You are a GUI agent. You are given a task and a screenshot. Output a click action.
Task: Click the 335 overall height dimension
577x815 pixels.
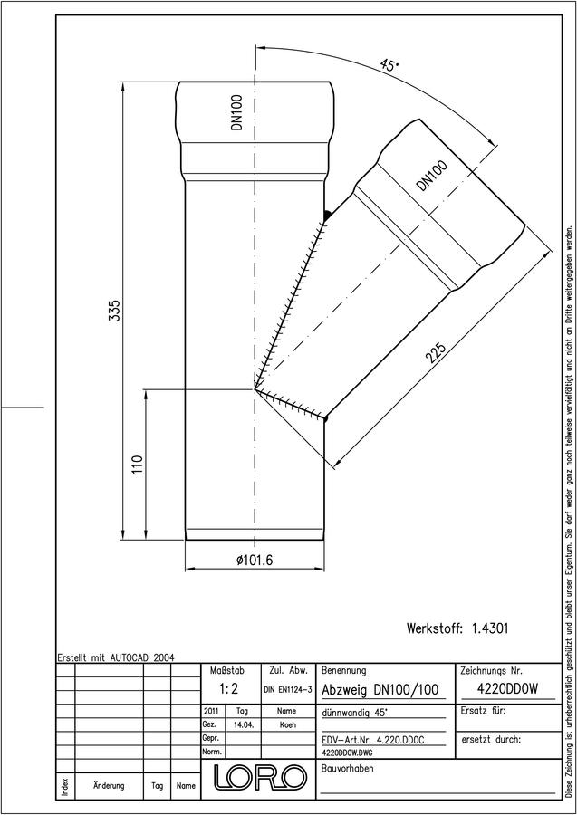(x=115, y=311)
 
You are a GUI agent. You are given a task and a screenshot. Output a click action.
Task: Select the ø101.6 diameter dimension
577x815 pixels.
(x=255, y=560)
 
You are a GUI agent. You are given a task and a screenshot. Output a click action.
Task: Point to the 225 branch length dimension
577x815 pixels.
(x=436, y=354)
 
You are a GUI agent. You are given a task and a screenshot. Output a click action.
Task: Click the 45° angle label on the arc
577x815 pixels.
(x=389, y=65)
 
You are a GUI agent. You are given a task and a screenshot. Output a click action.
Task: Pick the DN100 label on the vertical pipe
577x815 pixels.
(x=237, y=112)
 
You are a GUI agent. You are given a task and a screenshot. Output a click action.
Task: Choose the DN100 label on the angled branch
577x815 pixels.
(x=432, y=177)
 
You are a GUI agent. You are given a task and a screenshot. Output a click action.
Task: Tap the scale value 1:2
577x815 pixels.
(x=228, y=689)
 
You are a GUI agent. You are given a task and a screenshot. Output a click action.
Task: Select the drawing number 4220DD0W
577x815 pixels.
(x=507, y=688)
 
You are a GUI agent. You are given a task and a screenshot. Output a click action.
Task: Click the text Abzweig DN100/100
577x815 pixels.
(x=380, y=690)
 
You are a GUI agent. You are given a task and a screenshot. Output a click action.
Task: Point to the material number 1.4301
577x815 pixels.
(x=490, y=628)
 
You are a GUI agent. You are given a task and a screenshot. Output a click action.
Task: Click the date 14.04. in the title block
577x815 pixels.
(x=243, y=724)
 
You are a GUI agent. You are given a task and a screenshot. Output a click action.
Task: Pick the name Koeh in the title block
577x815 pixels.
(x=287, y=724)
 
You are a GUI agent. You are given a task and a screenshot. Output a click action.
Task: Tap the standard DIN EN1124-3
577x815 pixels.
(x=288, y=690)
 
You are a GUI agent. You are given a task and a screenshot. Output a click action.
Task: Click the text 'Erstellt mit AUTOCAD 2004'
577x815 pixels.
(x=117, y=657)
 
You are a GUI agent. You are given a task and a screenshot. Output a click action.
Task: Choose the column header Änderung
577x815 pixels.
(x=109, y=785)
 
